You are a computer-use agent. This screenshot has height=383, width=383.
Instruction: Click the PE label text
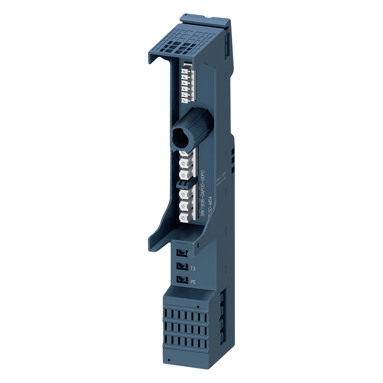pos(193,282)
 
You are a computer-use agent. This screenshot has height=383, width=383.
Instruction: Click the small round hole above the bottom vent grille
pos(198,306)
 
